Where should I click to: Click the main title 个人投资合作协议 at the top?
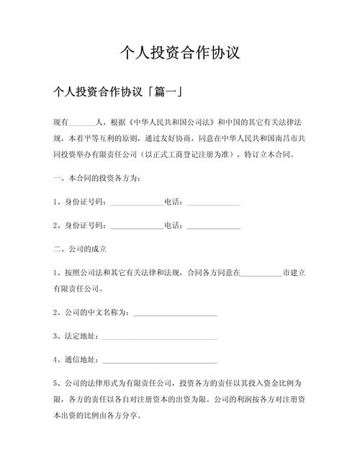179,53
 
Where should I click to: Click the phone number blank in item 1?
213,203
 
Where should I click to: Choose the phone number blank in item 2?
213,226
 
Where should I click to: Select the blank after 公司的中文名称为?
175,313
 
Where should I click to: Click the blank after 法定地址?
161,336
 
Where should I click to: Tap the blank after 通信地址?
161,359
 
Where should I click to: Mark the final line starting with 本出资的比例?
96,416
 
